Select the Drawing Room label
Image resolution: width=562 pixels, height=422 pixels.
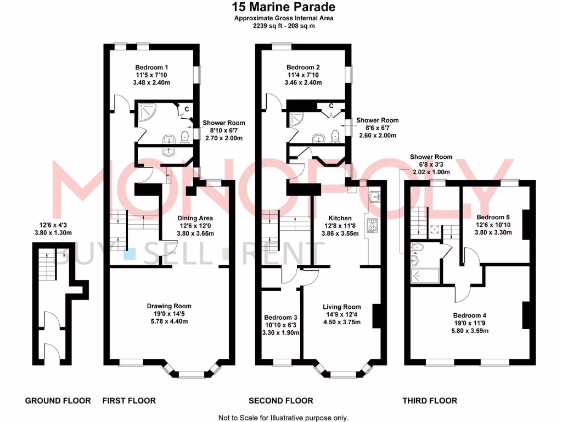(x=168, y=306)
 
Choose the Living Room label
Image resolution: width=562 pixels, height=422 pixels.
(x=341, y=307)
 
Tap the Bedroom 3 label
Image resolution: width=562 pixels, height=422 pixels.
(x=280, y=318)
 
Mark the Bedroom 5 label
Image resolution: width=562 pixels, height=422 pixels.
(x=493, y=217)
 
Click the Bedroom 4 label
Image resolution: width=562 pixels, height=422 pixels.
(x=470, y=315)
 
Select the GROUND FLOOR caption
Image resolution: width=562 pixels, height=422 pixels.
(x=58, y=401)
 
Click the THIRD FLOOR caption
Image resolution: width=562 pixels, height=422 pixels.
(x=430, y=401)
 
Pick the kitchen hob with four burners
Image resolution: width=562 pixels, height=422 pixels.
(x=373, y=225)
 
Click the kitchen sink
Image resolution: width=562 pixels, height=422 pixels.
(x=376, y=196)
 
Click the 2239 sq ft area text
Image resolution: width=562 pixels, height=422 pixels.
(x=283, y=25)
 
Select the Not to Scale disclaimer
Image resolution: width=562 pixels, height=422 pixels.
(x=283, y=418)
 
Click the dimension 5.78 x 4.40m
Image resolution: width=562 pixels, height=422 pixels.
(x=168, y=321)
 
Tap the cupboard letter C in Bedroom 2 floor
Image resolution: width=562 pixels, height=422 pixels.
(x=331, y=105)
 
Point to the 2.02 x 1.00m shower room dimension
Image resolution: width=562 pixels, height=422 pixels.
(x=431, y=171)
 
